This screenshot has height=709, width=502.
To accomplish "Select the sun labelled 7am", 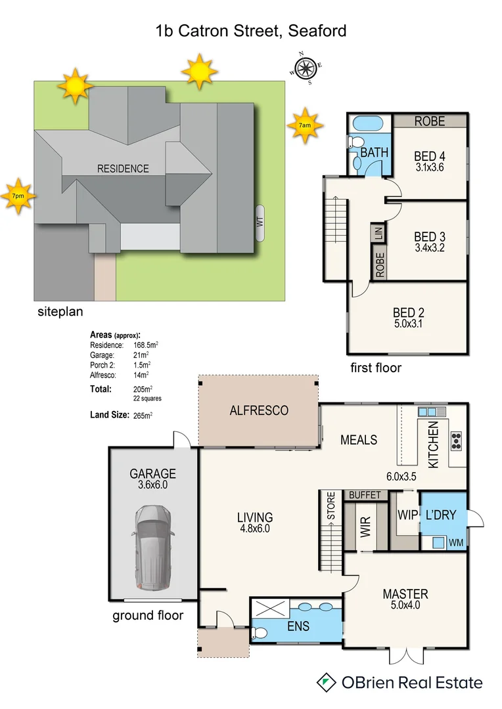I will pos(305,125).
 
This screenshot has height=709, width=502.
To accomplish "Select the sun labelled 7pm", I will pos(17,196).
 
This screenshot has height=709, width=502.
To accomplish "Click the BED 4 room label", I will pos(430,156).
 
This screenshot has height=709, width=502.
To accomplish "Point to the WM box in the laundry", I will pos(456,543).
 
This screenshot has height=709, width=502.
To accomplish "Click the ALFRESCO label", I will pos(259,411).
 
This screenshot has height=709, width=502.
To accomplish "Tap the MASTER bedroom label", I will pos(405,594).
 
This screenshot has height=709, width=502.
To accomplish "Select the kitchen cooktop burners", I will pos(455,440).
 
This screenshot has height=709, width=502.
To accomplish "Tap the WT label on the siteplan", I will pos(260,224).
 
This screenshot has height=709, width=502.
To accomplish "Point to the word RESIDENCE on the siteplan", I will pos(123,169).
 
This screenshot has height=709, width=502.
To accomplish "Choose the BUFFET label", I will pos(365,495).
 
